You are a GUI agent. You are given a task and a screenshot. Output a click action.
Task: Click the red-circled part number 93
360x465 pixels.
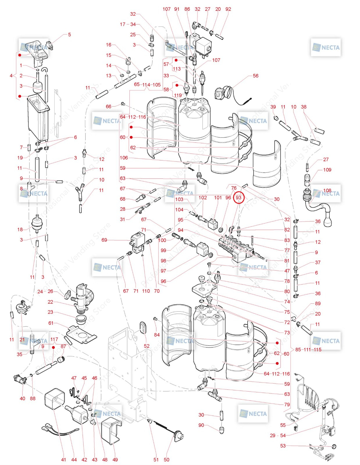tap(238, 198)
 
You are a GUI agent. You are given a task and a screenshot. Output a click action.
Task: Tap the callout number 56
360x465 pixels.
tap(255, 76)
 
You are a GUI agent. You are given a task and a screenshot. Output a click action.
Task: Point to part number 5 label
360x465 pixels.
tap(69, 35)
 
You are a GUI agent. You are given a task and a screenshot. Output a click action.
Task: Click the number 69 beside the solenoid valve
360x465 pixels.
tap(104, 240)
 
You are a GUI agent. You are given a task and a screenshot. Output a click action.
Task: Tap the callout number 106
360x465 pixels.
tap(124, 158)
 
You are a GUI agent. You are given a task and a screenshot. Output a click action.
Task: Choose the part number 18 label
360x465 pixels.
tap(20, 230)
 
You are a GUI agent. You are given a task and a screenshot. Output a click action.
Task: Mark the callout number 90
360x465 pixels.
tap(201, 425)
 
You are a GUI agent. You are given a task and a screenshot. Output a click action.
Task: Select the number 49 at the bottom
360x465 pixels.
tap(115, 460)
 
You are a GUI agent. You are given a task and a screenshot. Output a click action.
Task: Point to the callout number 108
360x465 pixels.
tap(327, 191)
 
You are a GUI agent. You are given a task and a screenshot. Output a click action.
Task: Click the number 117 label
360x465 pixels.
tap(54, 339)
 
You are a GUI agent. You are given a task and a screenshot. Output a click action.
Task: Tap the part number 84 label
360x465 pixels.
tap(157, 335)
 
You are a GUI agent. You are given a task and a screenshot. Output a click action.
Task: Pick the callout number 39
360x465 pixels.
tap(273, 107)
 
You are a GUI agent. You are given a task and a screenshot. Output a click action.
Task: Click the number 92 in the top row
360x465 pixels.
tap(228, 9)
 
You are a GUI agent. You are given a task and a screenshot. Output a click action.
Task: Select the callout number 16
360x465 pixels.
tap(108, 45)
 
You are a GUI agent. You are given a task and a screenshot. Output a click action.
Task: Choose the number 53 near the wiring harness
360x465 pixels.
tap(283, 446)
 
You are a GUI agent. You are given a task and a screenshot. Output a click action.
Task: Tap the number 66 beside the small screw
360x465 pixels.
tap(108, 107)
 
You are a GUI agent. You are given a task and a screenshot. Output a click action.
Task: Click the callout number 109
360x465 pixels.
tap(327, 170)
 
